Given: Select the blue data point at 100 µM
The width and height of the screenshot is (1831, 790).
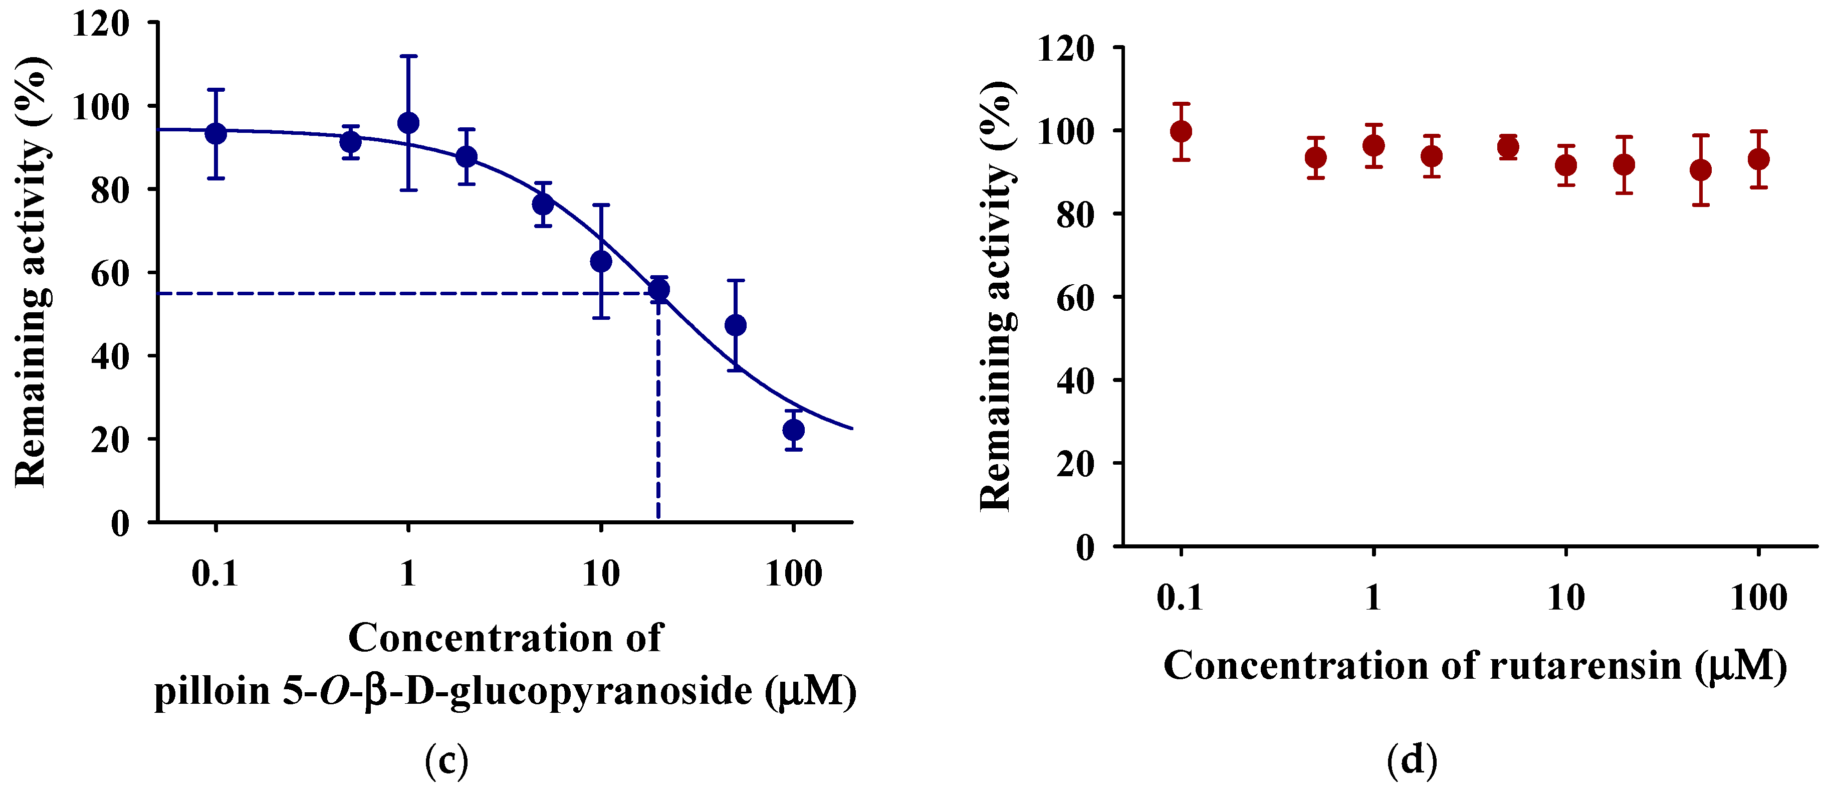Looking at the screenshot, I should click(x=793, y=430).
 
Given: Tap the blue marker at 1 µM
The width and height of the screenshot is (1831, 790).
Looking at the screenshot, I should click(x=408, y=123).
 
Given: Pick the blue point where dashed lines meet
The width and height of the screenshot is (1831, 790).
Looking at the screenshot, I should click(x=659, y=289).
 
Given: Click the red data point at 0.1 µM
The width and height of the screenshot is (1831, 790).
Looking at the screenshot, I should click(x=1181, y=131).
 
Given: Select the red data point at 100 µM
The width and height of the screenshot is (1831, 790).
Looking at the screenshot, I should click(x=1758, y=158).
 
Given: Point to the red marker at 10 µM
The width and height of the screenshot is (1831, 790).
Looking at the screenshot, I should click(x=1566, y=165).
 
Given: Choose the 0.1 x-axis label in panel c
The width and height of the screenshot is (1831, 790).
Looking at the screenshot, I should click(x=214, y=573).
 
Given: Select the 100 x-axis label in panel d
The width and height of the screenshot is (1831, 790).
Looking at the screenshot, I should click(x=1758, y=598).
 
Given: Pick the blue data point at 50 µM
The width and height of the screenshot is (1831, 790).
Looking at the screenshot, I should click(x=736, y=325).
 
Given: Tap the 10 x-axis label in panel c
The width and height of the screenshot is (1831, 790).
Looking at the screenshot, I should click(x=601, y=573).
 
